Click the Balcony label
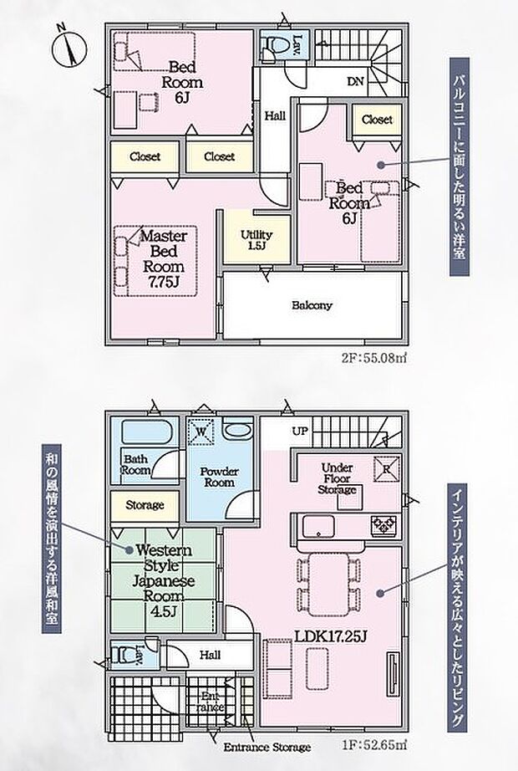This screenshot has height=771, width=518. tap(312, 305)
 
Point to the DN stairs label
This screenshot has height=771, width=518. tap(354, 82)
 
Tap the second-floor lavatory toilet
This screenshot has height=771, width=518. tap(272, 46)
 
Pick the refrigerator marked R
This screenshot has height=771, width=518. tap(387, 469)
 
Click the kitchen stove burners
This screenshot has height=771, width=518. tap(385, 525)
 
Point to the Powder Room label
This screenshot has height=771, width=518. tap(219, 477)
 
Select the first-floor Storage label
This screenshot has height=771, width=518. tap(145, 505)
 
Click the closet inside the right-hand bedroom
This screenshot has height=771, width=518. tap(377, 120)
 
